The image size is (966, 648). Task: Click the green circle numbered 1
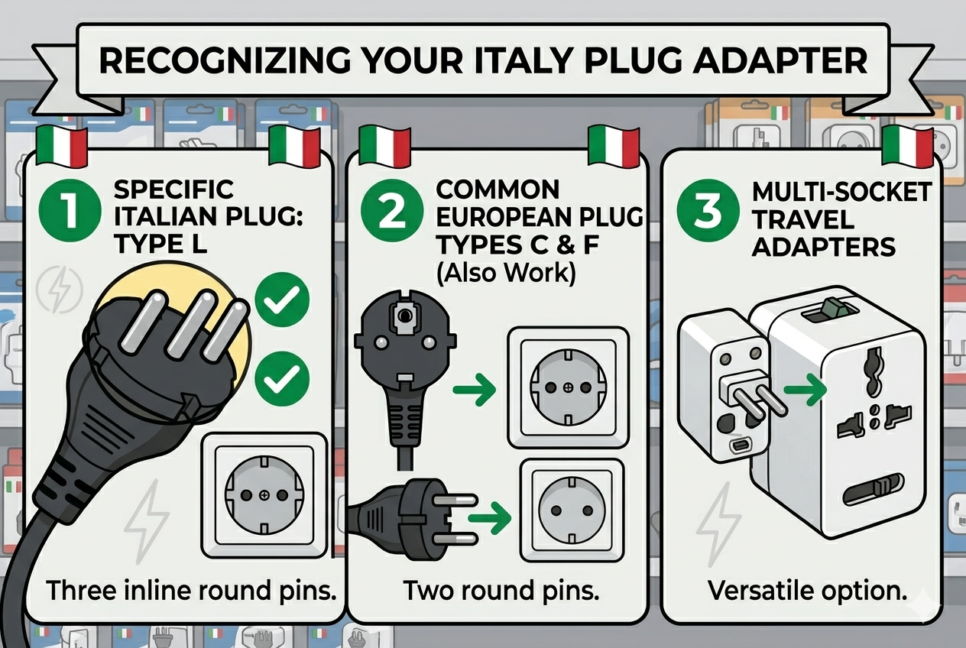[x=71, y=209]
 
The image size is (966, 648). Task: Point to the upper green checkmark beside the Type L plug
[x=282, y=301]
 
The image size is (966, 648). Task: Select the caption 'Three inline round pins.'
[x=192, y=590]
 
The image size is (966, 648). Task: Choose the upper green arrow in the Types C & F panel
[x=474, y=390]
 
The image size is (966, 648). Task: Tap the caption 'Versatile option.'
[x=806, y=591]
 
